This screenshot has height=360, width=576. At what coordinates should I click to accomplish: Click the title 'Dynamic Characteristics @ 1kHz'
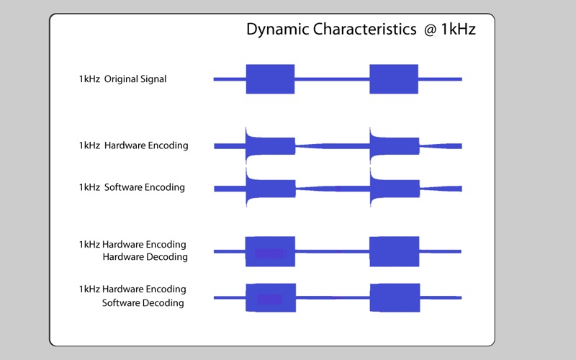361,30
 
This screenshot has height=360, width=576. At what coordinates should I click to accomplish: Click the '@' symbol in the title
430,30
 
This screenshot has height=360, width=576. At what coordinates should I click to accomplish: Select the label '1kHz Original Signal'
122,79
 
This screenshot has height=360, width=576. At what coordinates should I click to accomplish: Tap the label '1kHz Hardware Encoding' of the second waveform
133,145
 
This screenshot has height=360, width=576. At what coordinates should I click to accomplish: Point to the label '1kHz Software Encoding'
132,187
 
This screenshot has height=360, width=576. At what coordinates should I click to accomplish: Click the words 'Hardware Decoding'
145,257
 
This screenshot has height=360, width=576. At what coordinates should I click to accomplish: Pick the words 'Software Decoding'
143,302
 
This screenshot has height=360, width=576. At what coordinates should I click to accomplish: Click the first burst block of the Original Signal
271,79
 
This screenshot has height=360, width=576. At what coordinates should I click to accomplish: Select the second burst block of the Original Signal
394,79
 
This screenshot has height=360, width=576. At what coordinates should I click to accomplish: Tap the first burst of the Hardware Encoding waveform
271,146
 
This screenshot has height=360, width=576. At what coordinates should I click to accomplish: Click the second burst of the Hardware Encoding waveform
394,146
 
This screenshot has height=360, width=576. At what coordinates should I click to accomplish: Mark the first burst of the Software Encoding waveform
271,189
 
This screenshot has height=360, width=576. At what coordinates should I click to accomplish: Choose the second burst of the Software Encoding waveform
395,189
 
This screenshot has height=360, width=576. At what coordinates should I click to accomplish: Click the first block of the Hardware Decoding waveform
271,251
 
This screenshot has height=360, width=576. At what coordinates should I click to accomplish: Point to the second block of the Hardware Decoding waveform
394,251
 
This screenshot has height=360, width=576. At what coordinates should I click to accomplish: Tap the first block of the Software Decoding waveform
271,297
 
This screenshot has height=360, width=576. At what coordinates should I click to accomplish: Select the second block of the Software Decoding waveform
395,297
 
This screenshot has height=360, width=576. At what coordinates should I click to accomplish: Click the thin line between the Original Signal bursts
332,79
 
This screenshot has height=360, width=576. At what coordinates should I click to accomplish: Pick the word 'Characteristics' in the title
365,29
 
